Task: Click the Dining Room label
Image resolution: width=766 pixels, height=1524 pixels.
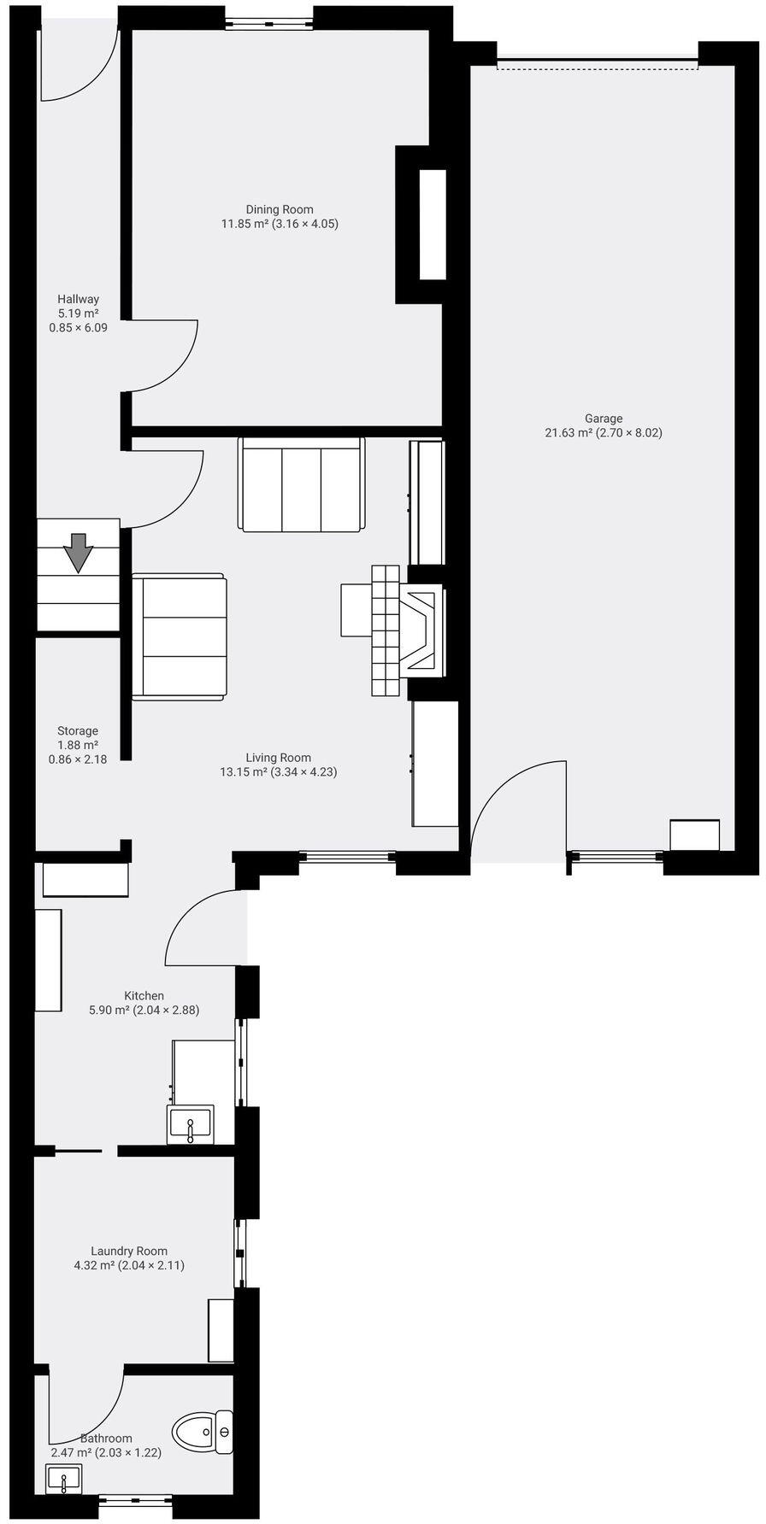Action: click(x=279, y=209)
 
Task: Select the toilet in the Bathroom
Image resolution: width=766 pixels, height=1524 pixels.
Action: click(x=202, y=1432)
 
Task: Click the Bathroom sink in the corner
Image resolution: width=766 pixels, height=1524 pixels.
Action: click(x=63, y=1478)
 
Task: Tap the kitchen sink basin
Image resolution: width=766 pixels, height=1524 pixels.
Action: click(x=190, y=1124)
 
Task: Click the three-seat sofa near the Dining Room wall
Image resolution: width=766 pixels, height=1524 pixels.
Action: click(x=302, y=484)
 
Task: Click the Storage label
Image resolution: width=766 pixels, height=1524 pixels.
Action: click(x=78, y=731)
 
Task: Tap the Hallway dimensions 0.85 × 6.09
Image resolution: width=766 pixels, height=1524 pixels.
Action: click(x=78, y=327)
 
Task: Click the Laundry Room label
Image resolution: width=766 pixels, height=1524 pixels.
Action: click(x=129, y=1251)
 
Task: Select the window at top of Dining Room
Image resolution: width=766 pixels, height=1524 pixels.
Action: click(x=269, y=23)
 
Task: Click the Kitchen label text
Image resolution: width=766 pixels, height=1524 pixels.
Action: click(x=144, y=996)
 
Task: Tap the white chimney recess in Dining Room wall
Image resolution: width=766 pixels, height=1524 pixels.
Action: click(x=433, y=225)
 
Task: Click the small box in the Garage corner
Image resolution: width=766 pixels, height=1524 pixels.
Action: click(x=694, y=835)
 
